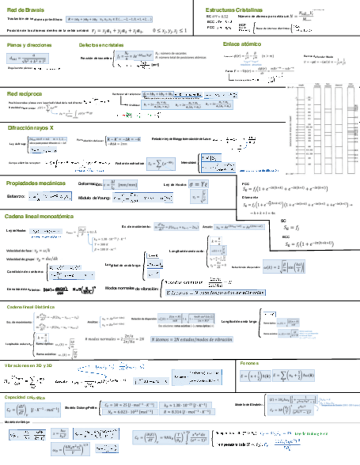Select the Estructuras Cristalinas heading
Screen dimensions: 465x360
pos(234,10)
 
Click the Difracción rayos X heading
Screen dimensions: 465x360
pos(31,128)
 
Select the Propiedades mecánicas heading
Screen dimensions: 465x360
pos(36,183)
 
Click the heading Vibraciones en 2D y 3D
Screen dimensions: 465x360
pos(28,365)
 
